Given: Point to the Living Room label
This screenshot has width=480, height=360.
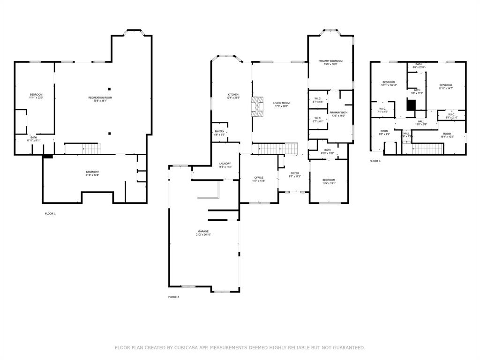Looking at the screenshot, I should pos(282,104).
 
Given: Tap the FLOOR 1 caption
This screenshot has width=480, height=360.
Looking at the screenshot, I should pos(50,214).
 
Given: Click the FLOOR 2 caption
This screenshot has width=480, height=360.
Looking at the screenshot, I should pos(173,297).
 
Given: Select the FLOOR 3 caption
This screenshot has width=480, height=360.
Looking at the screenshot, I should pos(375,161).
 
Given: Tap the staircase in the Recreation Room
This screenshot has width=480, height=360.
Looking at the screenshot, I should pos(82,149).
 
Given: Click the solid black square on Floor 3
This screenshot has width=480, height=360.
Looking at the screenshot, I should pos(411,106).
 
